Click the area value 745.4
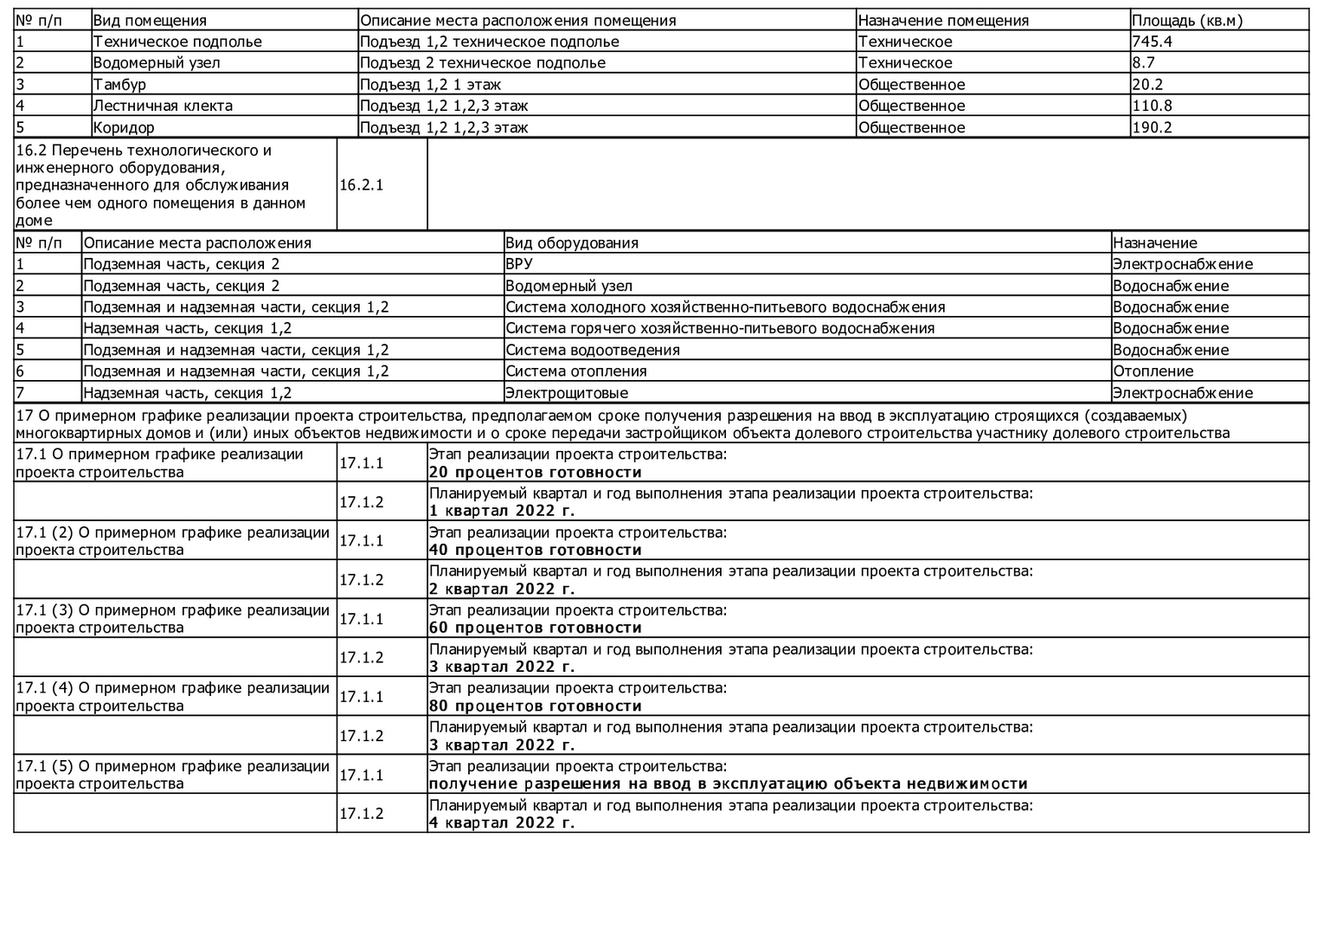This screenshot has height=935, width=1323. (x=1152, y=42)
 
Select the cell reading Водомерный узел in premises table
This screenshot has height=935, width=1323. (x=156, y=63)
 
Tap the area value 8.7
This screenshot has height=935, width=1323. (x=1143, y=63)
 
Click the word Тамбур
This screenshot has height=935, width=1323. (x=119, y=85)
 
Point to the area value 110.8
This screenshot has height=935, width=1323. (x=1152, y=106)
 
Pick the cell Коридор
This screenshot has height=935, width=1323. (x=124, y=127)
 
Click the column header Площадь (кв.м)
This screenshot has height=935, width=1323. (x=1186, y=21)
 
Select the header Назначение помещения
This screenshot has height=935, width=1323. (x=943, y=21)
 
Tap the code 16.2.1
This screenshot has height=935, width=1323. (x=361, y=185)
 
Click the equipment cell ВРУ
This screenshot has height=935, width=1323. (x=519, y=264)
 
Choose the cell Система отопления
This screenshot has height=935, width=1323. (x=575, y=371)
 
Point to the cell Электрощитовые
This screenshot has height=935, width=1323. (x=567, y=393)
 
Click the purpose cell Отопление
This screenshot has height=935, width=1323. (x=1153, y=371)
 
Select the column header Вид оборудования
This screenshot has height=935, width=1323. (x=572, y=243)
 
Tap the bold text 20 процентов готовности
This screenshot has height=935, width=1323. (x=536, y=473)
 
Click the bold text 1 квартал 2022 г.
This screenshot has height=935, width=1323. (x=502, y=511)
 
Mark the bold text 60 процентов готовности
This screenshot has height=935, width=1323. (x=536, y=629)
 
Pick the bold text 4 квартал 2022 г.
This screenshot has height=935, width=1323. (x=502, y=822)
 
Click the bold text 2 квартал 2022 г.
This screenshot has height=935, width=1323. (x=502, y=590)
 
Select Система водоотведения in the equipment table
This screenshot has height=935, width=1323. (x=593, y=350)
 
